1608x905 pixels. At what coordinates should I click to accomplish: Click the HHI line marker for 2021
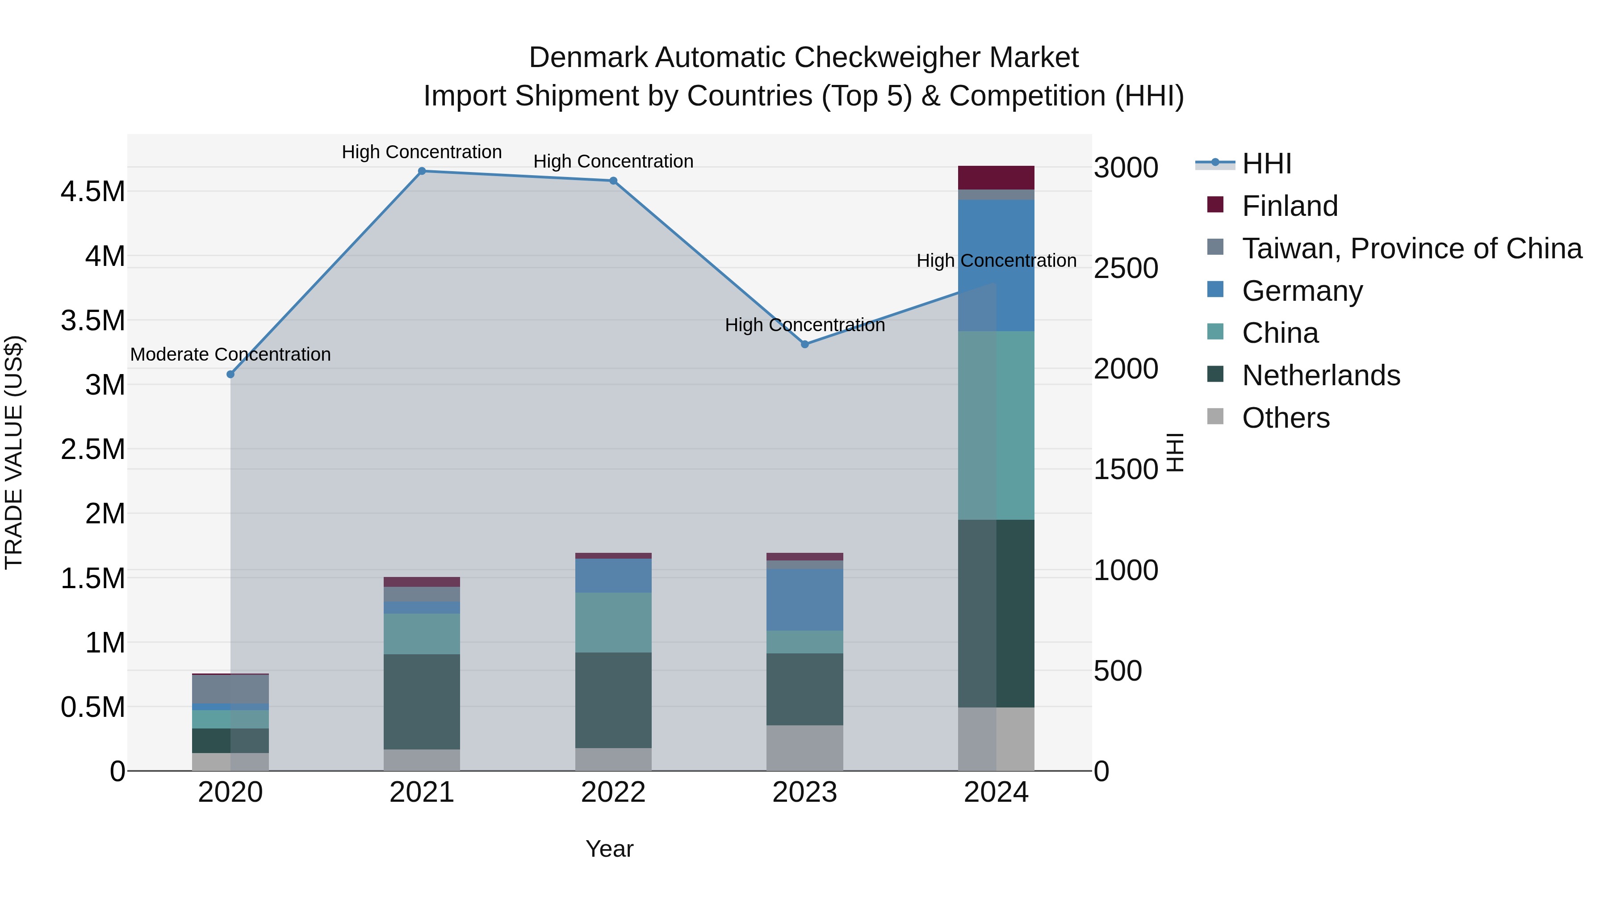tap(422, 171)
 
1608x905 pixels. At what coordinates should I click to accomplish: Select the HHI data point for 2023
tap(804, 344)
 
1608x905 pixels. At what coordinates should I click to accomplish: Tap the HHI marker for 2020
tap(230, 374)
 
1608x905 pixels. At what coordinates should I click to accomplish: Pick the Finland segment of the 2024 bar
tap(996, 177)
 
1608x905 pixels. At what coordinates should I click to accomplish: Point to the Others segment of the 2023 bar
tap(804, 748)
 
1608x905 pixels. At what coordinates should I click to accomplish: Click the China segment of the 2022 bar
tap(613, 622)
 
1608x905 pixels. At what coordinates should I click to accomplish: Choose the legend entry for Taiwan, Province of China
tap(1411, 248)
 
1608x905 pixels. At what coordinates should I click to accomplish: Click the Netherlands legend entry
tap(1321, 375)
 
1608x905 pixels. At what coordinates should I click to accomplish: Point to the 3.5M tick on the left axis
tap(93, 320)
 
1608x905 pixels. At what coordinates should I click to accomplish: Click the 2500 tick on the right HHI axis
tap(1126, 268)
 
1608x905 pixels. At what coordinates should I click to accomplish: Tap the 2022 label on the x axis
tap(613, 792)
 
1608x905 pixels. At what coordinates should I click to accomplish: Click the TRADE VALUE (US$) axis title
tap(14, 452)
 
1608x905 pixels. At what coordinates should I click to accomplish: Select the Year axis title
tap(609, 849)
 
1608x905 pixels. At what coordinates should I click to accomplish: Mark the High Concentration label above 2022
tap(613, 161)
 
